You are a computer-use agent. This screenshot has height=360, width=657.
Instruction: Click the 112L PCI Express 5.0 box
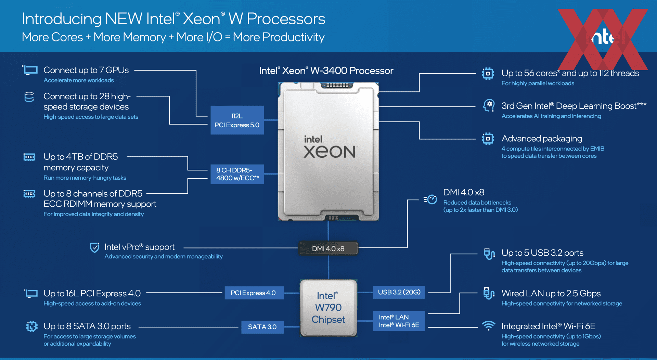point(237,120)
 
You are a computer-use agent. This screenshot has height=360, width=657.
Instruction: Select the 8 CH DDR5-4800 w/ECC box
point(237,174)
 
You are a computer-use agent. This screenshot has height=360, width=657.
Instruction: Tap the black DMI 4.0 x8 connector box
point(328,249)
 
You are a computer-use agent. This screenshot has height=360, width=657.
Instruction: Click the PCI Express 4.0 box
point(254,293)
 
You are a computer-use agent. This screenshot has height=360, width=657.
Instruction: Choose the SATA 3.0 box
point(262,327)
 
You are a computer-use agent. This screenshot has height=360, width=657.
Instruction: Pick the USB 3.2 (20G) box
point(399,292)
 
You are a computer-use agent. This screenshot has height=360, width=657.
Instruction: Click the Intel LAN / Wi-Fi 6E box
point(399,321)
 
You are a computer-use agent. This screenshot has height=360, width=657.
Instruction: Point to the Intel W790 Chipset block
point(328,308)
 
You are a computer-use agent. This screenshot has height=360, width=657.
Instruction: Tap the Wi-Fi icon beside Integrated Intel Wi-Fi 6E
point(489,325)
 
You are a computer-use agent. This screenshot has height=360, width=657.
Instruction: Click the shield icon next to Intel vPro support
point(94,247)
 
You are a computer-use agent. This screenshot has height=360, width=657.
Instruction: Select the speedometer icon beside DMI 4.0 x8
point(430,199)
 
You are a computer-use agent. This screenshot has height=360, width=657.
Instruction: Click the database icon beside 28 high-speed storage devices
point(29,97)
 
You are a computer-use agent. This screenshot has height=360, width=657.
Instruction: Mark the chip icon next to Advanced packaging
point(488,139)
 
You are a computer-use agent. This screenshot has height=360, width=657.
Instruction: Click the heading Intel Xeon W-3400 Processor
point(326,70)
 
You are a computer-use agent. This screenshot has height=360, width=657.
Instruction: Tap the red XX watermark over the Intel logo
point(603,39)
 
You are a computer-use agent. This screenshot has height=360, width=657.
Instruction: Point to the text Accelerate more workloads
point(79,80)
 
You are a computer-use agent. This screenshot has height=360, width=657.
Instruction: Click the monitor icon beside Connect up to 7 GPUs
point(30,70)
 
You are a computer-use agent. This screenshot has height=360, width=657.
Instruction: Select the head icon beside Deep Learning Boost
point(489,105)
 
